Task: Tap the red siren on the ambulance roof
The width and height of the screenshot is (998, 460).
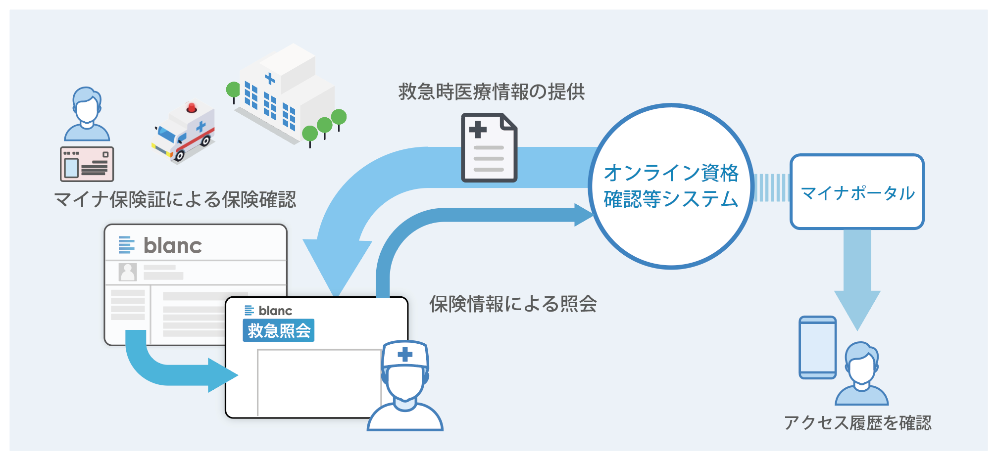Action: tap(191, 107)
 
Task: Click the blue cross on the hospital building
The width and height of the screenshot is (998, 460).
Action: tap(270, 78)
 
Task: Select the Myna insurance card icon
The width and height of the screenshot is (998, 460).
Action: tap(87, 164)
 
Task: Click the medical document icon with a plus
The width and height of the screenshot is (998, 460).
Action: tap(489, 147)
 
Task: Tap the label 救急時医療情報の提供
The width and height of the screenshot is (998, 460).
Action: tap(491, 92)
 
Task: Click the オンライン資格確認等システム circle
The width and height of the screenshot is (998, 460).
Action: tap(671, 186)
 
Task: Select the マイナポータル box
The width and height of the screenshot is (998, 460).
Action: tap(857, 192)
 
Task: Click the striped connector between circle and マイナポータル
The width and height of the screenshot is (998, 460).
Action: tap(771, 188)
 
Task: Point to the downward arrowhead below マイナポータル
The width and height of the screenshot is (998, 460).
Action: tap(857, 310)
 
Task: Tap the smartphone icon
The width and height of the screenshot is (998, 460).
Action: tap(817, 348)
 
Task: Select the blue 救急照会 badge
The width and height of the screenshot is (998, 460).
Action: tap(278, 330)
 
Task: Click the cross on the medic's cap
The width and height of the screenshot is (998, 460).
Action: tap(405, 354)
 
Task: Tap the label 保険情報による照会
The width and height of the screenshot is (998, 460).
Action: tap(513, 304)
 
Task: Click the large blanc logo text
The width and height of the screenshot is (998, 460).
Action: tap(172, 246)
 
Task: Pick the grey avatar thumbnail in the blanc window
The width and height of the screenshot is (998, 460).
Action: tap(128, 272)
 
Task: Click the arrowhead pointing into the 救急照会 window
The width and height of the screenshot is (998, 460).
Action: tap(223, 375)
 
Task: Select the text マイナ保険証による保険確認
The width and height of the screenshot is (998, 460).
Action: tap(174, 200)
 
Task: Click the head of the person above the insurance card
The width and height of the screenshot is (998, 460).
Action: tap(87, 106)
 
